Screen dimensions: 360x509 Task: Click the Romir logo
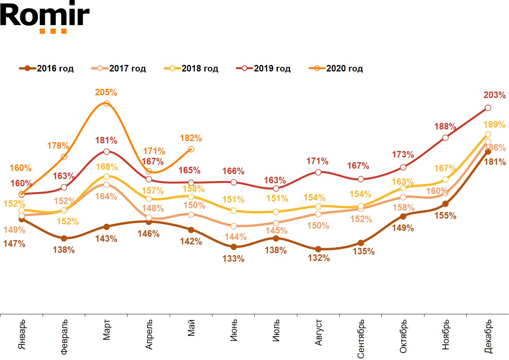45,17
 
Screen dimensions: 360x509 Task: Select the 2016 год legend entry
46,68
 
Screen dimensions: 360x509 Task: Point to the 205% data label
106,93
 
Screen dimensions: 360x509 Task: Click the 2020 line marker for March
106,104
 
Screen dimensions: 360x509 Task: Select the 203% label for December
494,95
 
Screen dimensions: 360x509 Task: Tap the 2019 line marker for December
488,108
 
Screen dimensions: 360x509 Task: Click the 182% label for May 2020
191,138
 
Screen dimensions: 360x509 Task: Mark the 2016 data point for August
318,249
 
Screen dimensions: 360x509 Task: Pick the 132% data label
319,258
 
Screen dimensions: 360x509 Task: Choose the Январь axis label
22,334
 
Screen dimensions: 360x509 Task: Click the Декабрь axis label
488,336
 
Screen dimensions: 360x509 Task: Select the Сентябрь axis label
361,338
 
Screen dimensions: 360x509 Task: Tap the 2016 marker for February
64,239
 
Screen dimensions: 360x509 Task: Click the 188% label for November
445,127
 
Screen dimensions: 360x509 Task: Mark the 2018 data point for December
488,134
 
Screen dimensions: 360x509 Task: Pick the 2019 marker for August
318,172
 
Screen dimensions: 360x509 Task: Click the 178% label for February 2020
58,146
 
